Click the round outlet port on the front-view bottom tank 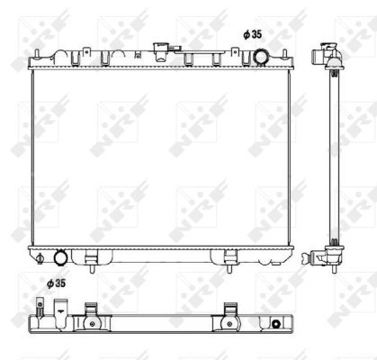coord(60,257)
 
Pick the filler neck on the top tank coord(163,49)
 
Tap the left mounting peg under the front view coord(92,264)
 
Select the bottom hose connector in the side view coord(322,258)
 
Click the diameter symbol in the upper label coord(245,33)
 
